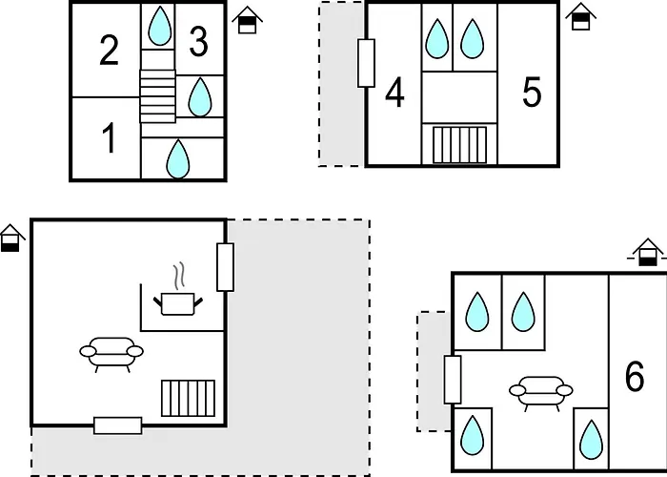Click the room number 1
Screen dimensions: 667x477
(x=110, y=137)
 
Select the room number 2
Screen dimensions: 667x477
(x=109, y=50)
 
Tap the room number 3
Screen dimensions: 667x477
(x=198, y=41)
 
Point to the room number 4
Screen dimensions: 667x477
(x=394, y=92)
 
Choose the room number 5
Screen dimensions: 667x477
(x=532, y=92)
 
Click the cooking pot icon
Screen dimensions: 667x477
(x=178, y=303)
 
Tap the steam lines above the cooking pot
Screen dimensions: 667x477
(x=180, y=275)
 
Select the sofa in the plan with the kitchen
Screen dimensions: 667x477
(x=111, y=354)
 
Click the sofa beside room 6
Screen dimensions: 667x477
(x=541, y=393)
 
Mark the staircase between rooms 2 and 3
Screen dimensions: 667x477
(x=158, y=96)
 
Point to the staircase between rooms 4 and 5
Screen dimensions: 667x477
(x=459, y=145)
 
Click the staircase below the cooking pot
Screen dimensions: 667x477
(x=188, y=398)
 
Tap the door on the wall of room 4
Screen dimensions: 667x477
(x=366, y=63)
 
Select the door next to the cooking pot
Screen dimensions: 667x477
(x=225, y=267)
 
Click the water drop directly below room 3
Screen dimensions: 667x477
(x=200, y=96)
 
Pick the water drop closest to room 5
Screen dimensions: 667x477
(x=473, y=38)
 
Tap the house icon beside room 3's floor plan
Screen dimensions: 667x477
(x=247, y=20)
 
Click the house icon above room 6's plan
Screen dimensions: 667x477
(x=647, y=252)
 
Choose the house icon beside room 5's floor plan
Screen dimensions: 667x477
(x=580, y=16)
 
